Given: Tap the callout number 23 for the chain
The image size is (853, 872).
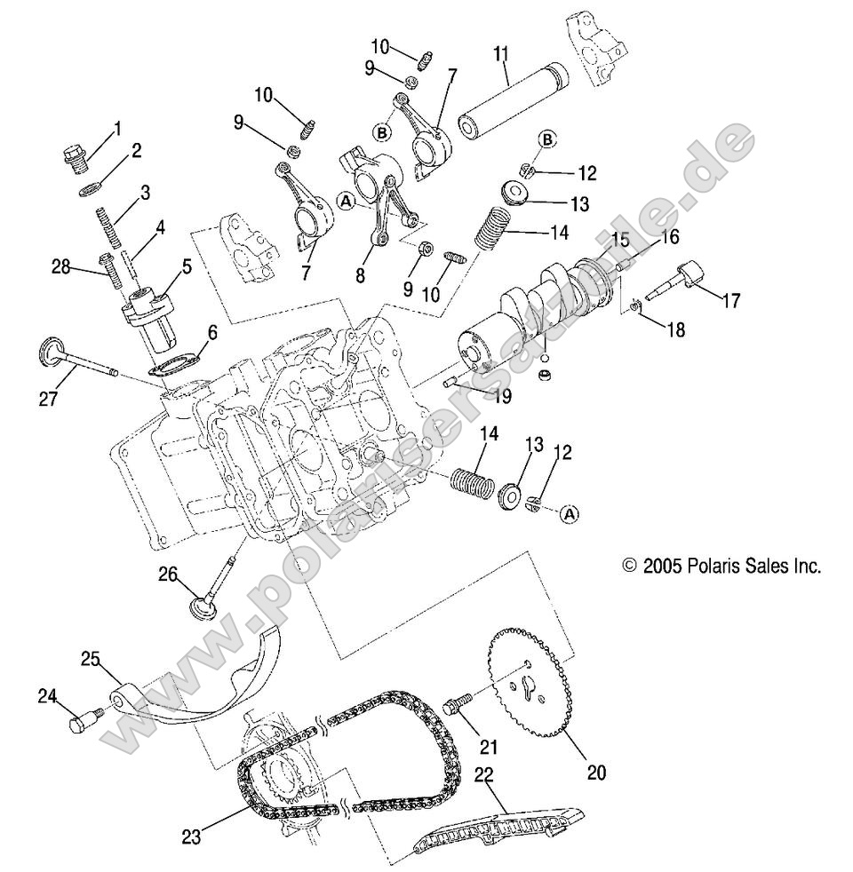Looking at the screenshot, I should (192, 835).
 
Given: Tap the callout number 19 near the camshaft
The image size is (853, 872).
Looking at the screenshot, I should (502, 396).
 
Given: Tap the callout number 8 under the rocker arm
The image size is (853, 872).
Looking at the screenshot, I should (360, 275).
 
